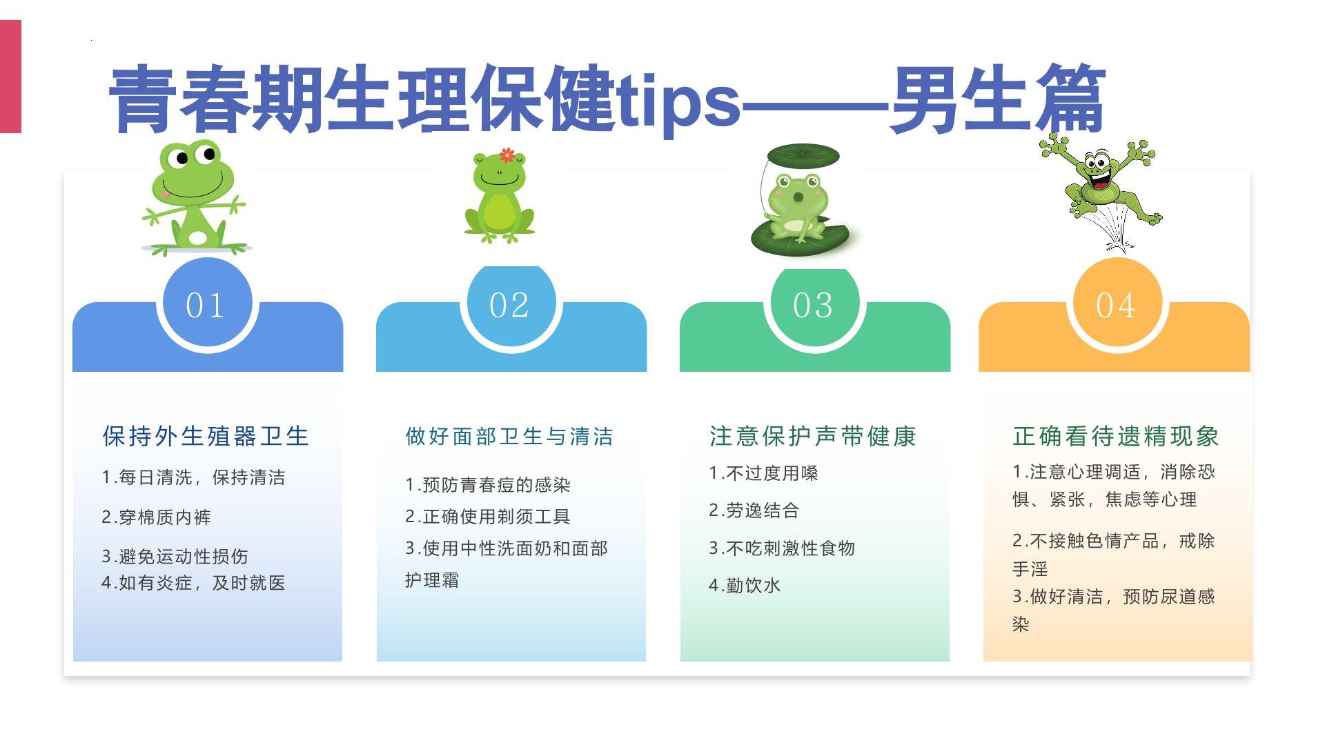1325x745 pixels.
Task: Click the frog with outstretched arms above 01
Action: (x=195, y=198)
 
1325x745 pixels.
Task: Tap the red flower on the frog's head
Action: (x=507, y=155)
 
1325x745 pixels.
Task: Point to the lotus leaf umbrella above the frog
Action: (x=803, y=156)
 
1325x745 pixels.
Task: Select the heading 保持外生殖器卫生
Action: (x=206, y=436)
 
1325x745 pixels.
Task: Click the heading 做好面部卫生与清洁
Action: (x=509, y=437)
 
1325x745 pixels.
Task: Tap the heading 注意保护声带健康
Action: (x=813, y=436)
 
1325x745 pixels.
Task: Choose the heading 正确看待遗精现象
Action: (x=1116, y=436)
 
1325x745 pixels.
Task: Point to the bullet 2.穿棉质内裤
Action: (x=156, y=517)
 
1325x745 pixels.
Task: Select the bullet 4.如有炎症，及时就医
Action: (x=193, y=583)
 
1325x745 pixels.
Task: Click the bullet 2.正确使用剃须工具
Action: (x=487, y=517)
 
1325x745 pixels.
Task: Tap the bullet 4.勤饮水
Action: (x=745, y=586)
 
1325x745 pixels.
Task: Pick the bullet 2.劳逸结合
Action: (x=754, y=510)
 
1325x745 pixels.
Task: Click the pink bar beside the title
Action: (x=10, y=77)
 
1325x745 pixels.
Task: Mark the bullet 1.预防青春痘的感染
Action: (x=487, y=485)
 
